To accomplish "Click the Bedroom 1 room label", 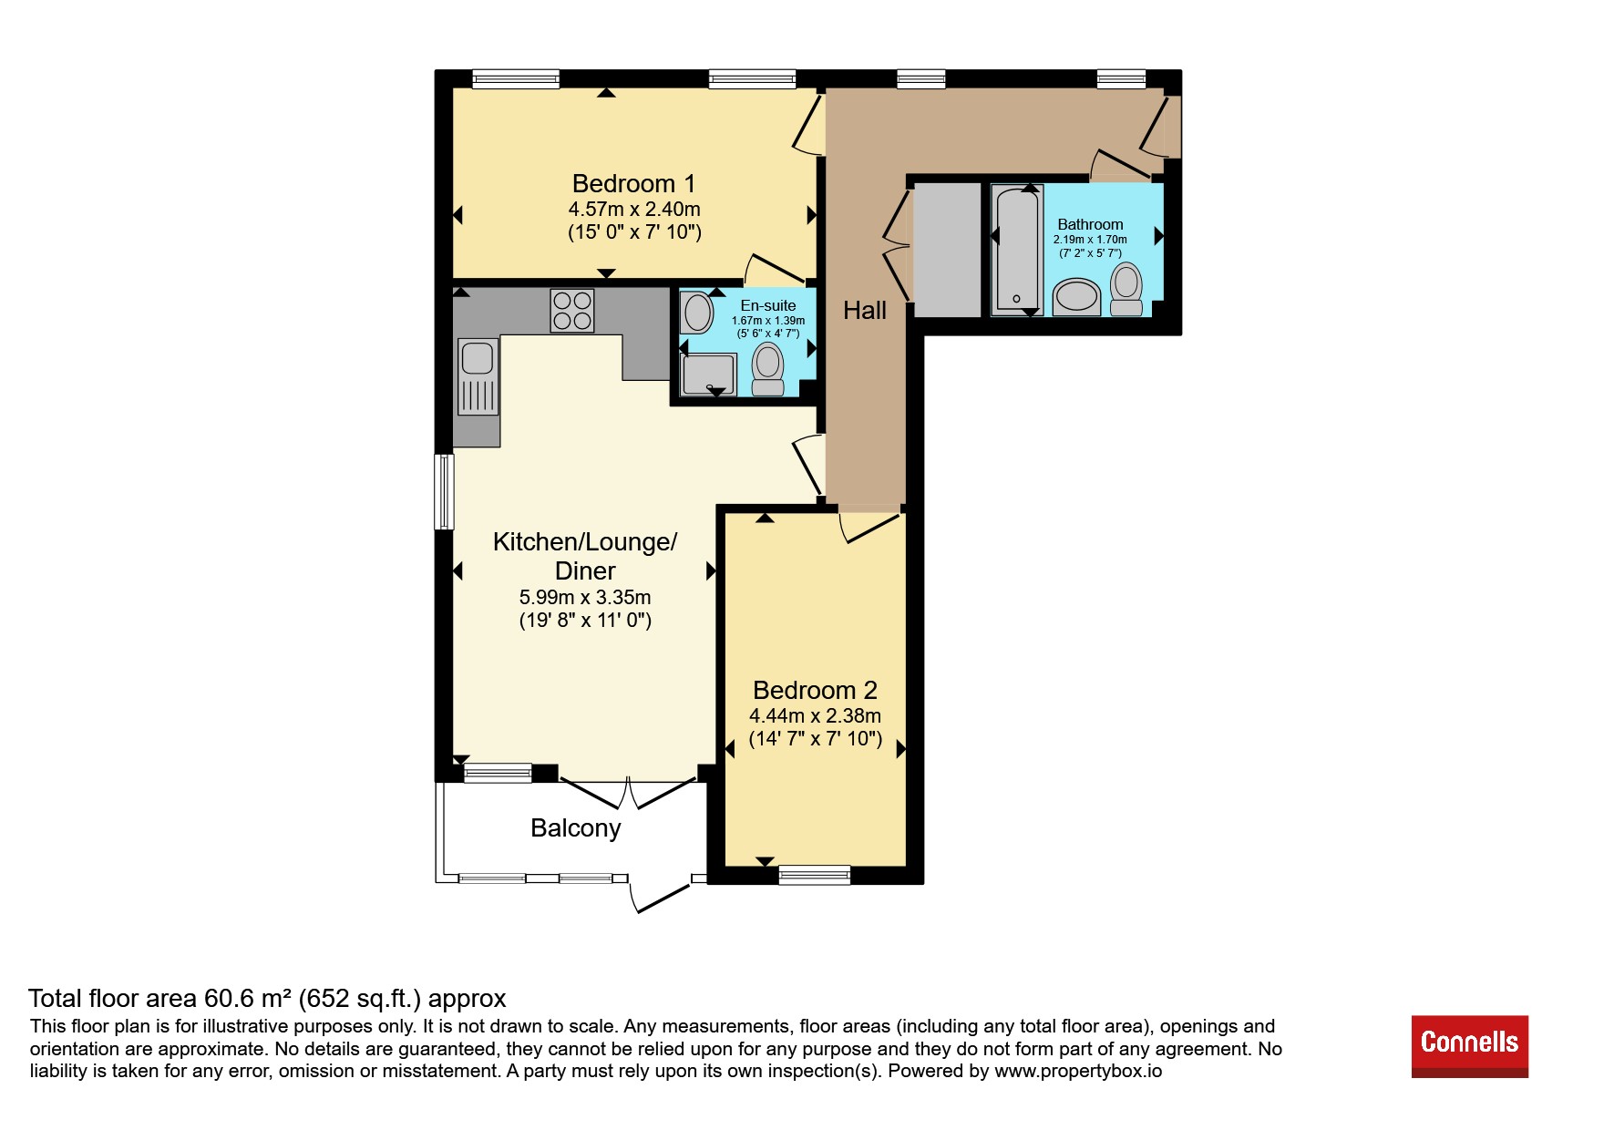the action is pos(633,183).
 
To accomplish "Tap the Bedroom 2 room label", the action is pos(815,690).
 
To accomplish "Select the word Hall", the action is pos(865,311).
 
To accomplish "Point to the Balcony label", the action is pos(576,827).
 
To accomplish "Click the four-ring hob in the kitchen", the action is pos(572,310).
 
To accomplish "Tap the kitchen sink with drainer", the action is pos(478,376).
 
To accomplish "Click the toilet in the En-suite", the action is pos(768,369).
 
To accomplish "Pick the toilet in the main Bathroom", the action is pos(1127,289).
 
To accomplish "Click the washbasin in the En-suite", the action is pos(697,313).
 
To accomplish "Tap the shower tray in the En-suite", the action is pos(708,375).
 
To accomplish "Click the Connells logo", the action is pos(1470,1046).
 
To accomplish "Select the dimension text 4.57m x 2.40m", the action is pos(634,210).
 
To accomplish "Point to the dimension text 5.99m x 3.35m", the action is pos(585,598).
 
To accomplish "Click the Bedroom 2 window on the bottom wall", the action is pos(814,875).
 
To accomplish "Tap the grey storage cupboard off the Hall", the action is pos(947,250).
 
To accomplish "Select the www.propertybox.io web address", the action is pos(1078,1071).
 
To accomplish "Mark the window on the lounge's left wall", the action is pos(444,492).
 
